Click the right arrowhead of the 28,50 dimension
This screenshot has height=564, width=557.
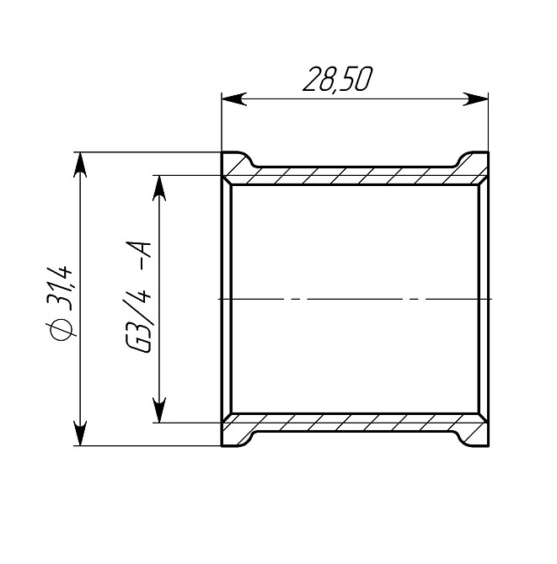point(479,99)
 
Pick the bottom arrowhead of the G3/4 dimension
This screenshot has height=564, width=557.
point(158,412)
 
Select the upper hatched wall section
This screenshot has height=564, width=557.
point(354,174)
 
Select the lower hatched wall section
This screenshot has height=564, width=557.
point(354,422)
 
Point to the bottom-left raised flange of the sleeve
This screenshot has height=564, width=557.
point(236,436)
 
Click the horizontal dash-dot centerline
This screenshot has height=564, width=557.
point(354,299)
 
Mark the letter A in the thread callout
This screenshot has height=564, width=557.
point(140,252)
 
